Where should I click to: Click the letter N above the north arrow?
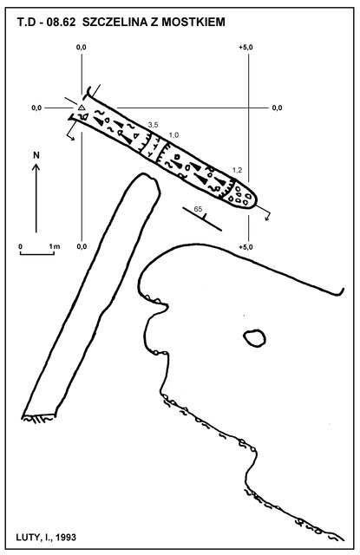coord(36,155)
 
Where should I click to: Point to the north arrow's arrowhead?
coord(36,166)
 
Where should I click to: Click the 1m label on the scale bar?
coord(55,246)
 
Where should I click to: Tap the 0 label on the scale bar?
coord(21,246)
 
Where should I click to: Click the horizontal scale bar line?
coord(36,254)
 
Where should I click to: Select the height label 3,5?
coord(153,125)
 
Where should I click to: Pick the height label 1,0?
coord(173,135)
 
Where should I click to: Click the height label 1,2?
coord(237,170)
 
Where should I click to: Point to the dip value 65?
coord(199,209)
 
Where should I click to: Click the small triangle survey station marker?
coord(82,108)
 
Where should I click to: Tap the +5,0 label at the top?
coord(246,48)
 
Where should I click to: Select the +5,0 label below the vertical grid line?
coord(246,247)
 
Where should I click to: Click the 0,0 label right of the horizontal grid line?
coord(278,108)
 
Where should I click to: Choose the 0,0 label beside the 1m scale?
coord(82,246)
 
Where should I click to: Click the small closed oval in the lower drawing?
coord(254,337)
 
